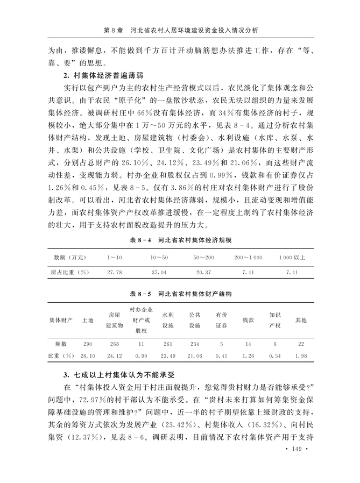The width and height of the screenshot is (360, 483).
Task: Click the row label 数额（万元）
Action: pyautogui.click(x=69, y=258)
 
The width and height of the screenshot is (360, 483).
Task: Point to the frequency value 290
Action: pyautogui.click(x=88, y=343)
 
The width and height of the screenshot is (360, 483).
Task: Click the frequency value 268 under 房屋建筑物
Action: pyautogui.click(x=114, y=343)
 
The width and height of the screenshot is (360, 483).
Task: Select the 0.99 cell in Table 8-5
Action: pyautogui.click(x=141, y=356)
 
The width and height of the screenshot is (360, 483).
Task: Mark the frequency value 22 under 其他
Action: pyautogui.click(x=301, y=343)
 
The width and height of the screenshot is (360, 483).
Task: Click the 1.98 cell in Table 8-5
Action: pyautogui.click(x=301, y=356)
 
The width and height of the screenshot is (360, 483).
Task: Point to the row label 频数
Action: pyautogui.click(x=61, y=343)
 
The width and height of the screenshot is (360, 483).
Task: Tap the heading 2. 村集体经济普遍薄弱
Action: pyautogui.click(x=102, y=76)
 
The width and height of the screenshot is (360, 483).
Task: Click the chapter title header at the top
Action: pyautogui.click(x=180, y=31)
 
